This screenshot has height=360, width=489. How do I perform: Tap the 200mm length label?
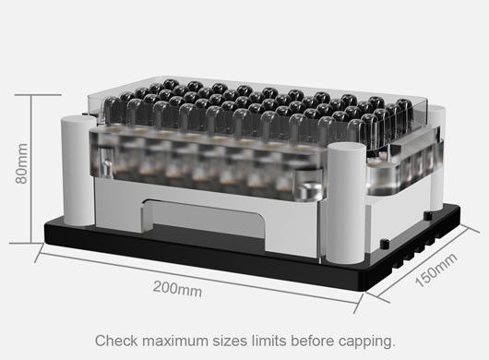tap(178, 289)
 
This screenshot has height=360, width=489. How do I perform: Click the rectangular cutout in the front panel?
tap(209, 222)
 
